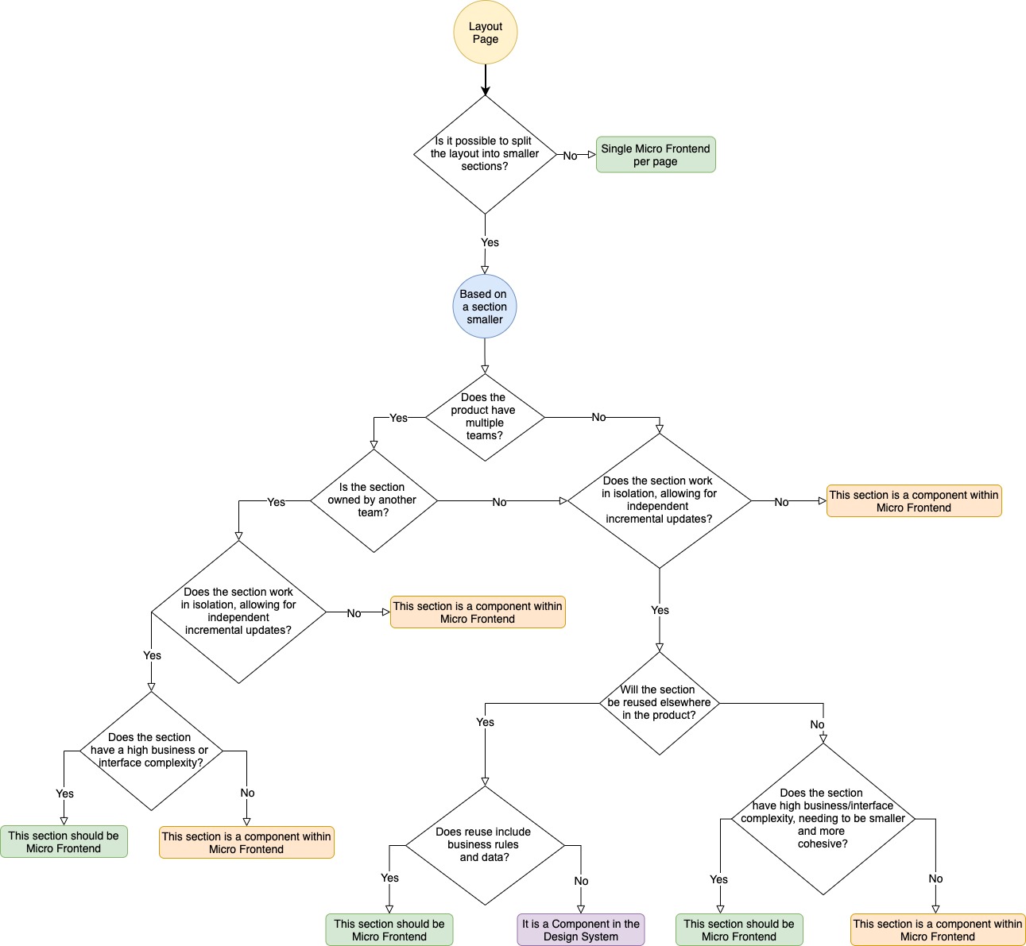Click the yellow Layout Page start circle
(485, 33)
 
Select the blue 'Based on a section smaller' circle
(485, 307)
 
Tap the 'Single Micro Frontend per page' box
(656, 155)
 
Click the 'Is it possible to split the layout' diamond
(485, 154)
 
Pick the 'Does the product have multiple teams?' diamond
(485, 417)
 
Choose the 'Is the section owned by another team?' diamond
(374, 500)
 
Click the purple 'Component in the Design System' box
(580, 930)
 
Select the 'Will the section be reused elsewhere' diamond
(660, 703)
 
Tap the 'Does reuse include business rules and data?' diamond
(485, 845)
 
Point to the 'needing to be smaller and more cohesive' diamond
(823, 819)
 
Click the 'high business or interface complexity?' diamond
(151, 751)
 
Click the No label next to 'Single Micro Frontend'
(570, 156)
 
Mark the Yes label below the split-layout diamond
(490, 242)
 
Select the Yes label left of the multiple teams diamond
(398, 418)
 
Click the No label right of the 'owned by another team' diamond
(499, 502)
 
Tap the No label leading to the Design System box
(581, 881)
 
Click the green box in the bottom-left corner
(64, 842)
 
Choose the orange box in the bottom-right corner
(938, 930)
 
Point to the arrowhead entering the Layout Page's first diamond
(485, 90)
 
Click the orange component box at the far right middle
(914, 501)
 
